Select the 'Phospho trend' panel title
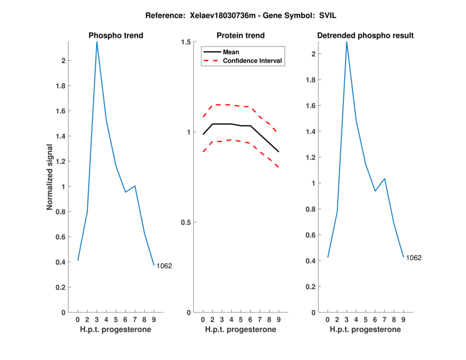coord(116,36)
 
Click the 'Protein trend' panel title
coord(241,36)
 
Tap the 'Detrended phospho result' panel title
coord(365,36)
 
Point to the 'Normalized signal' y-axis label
coord(51,177)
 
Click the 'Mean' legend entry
coord(231,52)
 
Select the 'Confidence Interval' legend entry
coord(253,61)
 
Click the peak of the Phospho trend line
coord(97,42)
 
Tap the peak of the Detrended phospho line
coord(347,42)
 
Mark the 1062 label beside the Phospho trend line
coord(164,266)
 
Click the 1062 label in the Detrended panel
coord(414,257)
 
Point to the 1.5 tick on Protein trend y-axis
coord(186,42)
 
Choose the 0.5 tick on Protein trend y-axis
coord(186,223)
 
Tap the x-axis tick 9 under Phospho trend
coord(154,320)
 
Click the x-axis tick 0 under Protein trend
coord(203,320)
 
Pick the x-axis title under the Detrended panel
coord(365,330)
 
